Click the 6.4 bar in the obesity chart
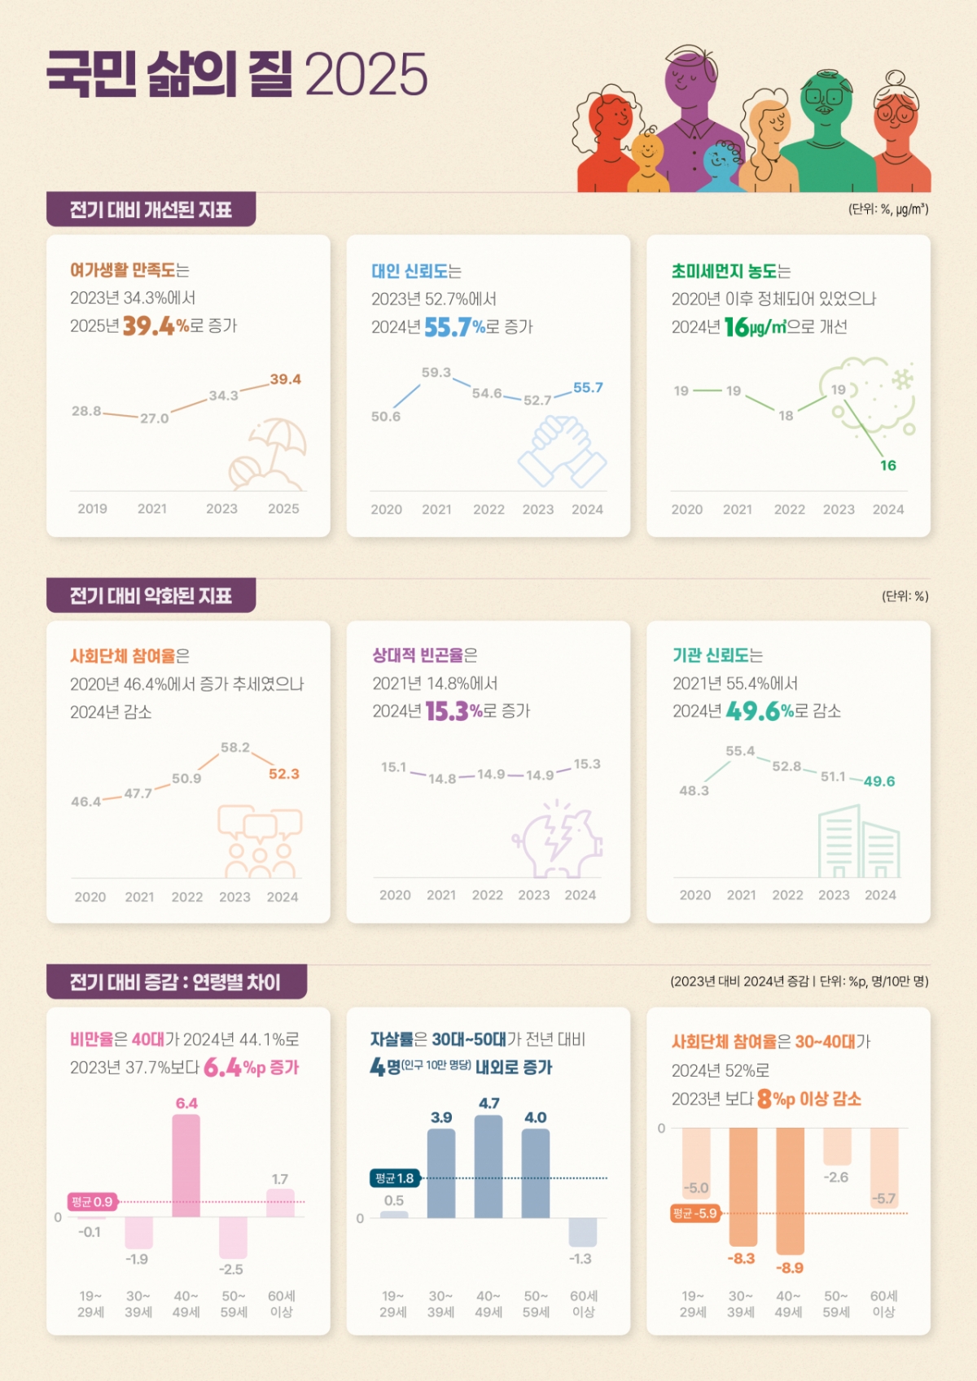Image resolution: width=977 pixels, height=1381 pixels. [186, 1165]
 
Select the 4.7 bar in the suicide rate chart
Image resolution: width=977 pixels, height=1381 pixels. [488, 1165]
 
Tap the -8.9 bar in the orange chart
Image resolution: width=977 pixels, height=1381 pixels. [789, 1190]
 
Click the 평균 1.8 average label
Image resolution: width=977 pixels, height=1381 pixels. [394, 1178]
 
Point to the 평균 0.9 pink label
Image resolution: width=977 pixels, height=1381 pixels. [92, 1202]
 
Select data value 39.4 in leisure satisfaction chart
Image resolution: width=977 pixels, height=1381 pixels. [285, 379]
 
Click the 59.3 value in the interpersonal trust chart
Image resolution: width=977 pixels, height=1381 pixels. [436, 373]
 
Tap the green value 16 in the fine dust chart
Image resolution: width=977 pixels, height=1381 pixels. [887, 465]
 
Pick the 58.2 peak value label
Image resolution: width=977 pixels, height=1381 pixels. [235, 748]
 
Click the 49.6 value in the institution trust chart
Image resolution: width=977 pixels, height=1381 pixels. [878, 781]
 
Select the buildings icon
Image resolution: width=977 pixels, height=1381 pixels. [858, 842]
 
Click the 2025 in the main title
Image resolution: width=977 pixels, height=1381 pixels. [366, 75]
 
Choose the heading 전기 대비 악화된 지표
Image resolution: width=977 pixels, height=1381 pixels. [151, 596]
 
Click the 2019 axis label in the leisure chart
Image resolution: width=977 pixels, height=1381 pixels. [92, 509]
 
